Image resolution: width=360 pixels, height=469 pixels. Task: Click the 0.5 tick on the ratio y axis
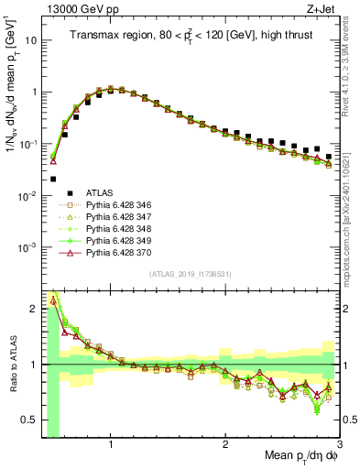pos(31,420)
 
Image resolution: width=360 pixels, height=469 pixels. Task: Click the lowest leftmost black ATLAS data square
pos(53,179)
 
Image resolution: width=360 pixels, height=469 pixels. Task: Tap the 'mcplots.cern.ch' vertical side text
pos(352,220)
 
